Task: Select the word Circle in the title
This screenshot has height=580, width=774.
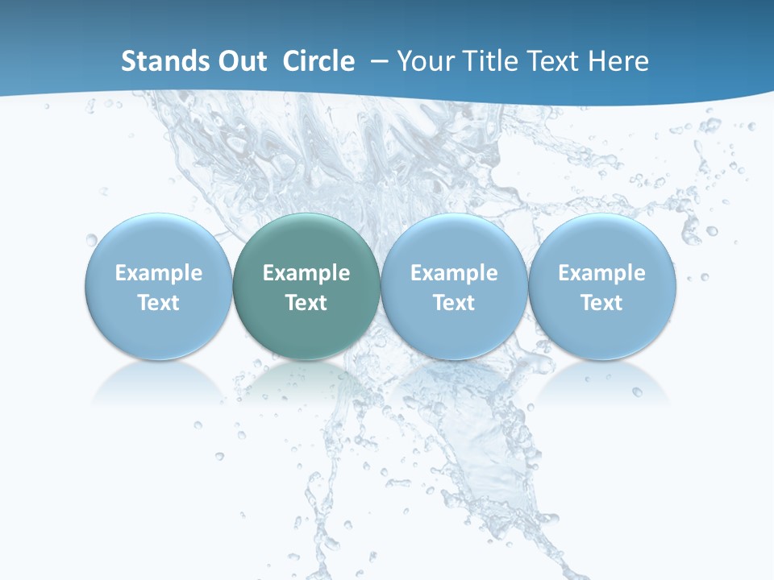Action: click(x=318, y=61)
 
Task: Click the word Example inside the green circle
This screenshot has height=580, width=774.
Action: click(x=306, y=273)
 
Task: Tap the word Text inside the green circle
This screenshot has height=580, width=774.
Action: click(x=306, y=303)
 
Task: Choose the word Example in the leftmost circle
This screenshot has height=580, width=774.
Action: click(x=159, y=273)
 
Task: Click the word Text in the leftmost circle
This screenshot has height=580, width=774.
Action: click(x=159, y=303)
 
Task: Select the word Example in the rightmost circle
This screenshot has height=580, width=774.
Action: click(x=601, y=273)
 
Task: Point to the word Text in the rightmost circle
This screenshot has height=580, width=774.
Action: click(x=601, y=303)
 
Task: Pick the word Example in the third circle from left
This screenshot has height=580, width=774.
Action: click(x=454, y=273)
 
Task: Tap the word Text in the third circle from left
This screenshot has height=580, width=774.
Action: click(x=454, y=303)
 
